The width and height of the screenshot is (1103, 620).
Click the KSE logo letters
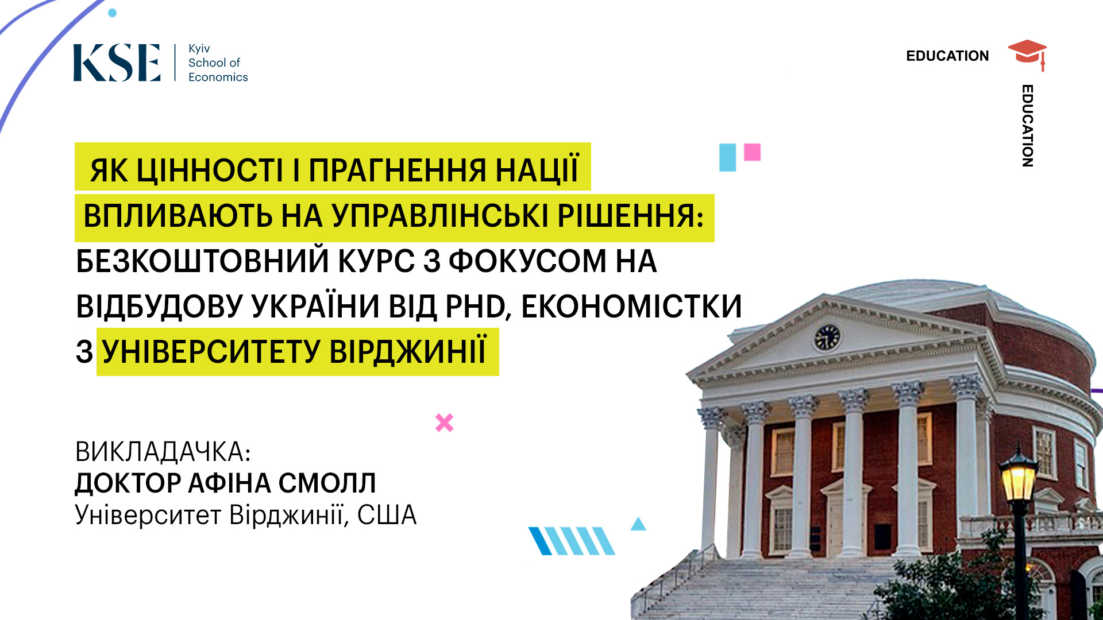117,63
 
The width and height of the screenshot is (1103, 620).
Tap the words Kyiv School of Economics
218,63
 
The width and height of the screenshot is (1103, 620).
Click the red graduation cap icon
1028,55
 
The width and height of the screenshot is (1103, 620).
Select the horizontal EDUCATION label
947,56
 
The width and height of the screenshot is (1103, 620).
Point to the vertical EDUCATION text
1028,126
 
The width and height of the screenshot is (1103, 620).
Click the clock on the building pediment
827,337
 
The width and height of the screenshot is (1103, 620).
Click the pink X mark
444,423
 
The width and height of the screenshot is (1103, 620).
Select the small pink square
752,152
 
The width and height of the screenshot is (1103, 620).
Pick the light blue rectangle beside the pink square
727,157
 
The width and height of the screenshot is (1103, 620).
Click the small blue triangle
638,524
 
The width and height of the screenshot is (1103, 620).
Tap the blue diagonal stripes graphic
572,541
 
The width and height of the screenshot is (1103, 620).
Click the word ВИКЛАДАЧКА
163,452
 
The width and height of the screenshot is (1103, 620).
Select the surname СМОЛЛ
327,483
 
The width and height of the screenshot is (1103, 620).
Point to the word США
387,515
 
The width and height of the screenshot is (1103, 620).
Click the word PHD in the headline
478,307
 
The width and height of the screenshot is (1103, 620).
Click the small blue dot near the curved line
113,13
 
